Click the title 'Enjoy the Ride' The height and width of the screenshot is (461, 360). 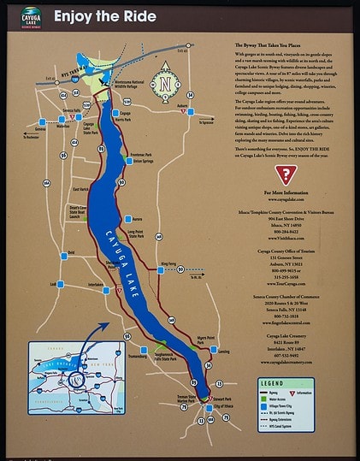(x=104, y=15)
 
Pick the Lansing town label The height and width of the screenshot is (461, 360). (x=224, y=352)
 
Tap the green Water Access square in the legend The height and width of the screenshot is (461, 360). (x=261, y=399)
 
